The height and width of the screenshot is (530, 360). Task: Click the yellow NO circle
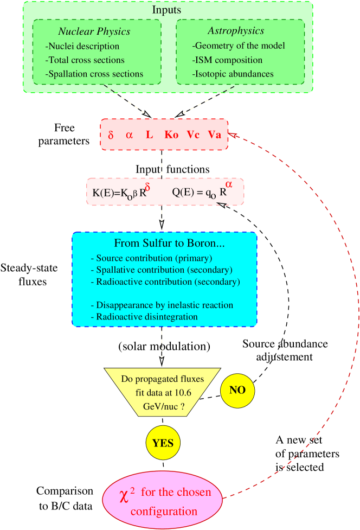point(237,390)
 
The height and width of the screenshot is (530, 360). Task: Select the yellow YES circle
point(163,443)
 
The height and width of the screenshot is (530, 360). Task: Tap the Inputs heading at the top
point(166,10)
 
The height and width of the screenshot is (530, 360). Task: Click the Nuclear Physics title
point(94,31)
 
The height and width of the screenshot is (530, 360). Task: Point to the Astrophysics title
point(236,31)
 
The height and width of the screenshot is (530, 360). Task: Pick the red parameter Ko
point(171,135)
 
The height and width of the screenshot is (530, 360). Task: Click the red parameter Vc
point(194,135)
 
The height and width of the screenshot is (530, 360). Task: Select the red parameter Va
point(215,135)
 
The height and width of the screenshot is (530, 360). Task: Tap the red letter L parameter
point(150,135)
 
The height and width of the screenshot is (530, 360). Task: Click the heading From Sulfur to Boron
point(170,244)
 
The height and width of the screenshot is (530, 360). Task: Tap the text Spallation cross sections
point(94,74)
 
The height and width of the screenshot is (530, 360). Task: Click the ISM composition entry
point(228,60)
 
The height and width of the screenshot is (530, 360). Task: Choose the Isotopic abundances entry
point(233,74)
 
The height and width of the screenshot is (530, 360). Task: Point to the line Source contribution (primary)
point(151,258)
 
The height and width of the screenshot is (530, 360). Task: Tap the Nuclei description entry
point(82,46)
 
